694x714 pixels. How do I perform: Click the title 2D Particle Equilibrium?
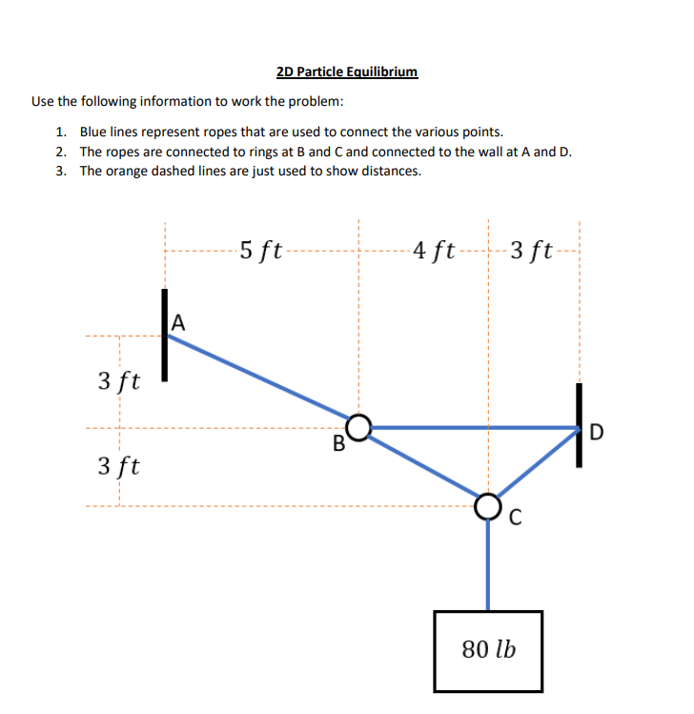346,71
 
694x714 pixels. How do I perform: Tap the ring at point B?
358,427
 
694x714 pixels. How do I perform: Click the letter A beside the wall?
177,323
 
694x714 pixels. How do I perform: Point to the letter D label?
597,434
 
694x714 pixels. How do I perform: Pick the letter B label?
337,444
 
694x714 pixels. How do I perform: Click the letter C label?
516,519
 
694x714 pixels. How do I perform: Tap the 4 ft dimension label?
434,252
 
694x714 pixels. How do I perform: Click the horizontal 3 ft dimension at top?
531,252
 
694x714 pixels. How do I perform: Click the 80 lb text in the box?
488,650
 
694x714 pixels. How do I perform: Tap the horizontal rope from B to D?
472,428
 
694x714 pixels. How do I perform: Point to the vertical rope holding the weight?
488,562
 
